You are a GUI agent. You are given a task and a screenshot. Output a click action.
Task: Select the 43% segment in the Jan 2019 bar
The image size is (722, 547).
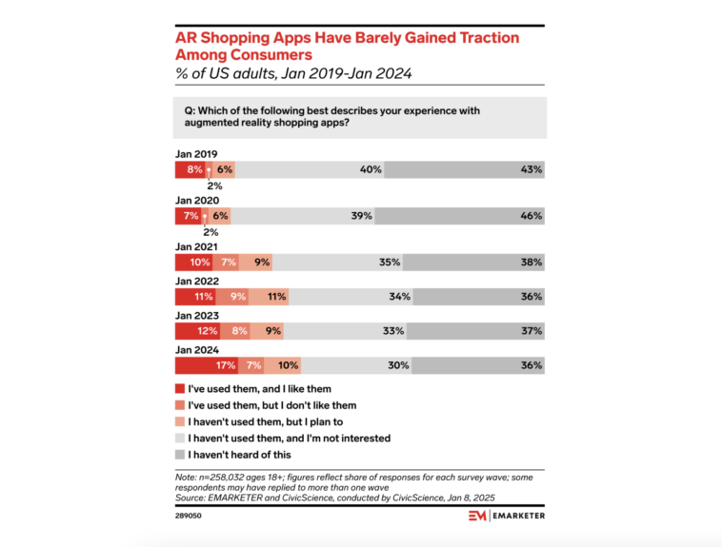[x=466, y=169]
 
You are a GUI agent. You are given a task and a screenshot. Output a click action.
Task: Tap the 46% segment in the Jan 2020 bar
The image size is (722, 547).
[x=459, y=216]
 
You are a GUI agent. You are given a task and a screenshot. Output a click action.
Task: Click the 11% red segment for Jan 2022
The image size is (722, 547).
[x=196, y=297]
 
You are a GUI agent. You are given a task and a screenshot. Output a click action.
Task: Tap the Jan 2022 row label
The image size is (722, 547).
[x=197, y=282]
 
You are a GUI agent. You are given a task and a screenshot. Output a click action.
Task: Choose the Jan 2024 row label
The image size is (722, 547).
[x=197, y=350]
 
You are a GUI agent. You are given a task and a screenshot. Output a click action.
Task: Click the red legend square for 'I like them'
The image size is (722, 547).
[x=180, y=389]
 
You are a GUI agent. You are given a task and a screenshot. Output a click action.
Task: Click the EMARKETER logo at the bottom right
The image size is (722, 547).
[x=505, y=516]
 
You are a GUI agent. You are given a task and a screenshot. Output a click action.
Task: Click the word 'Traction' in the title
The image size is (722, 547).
[x=479, y=38]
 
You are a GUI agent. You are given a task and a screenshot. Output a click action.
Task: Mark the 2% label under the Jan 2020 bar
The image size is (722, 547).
[x=211, y=231]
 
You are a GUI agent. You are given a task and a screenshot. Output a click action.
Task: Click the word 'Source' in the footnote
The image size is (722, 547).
[x=190, y=496]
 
